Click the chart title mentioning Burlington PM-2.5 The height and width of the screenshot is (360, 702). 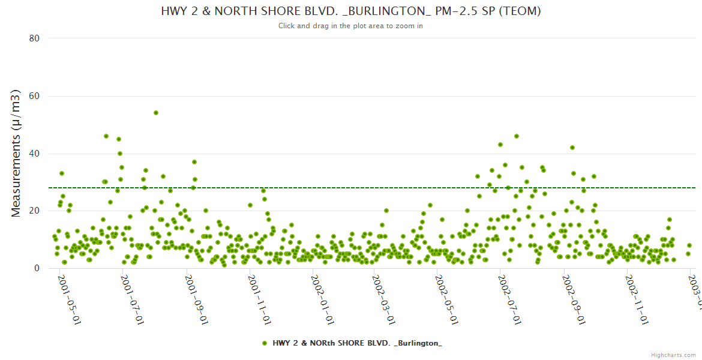tap(351, 11)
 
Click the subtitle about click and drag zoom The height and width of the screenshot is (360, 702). tap(351, 26)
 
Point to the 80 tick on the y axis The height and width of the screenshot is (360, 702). tap(34, 38)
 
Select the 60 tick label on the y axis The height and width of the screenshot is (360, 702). tap(34, 96)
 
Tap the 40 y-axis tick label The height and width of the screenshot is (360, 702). tap(34, 154)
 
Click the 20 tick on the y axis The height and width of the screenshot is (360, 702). tap(34, 211)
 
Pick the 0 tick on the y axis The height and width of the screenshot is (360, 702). tap(37, 268)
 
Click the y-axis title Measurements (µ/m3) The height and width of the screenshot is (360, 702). tap(17, 153)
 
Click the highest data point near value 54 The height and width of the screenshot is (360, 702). tap(156, 113)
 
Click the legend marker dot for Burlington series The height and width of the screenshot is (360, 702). tap(265, 343)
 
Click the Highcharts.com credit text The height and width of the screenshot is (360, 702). tap(673, 355)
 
